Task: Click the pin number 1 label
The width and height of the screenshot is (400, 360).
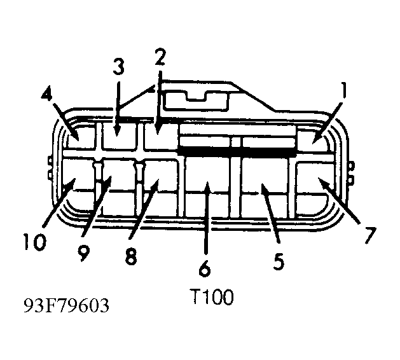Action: pyautogui.click(x=343, y=92)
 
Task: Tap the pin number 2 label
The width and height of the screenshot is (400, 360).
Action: pyautogui.click(x=160, y=57)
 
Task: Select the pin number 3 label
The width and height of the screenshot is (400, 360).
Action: pyautogui.click(x=119, y=66)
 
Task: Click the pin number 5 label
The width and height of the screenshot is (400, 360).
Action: pyautogui.click(x=279, y=261)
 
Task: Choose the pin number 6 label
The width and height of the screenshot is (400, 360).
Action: pyautogui.click(x=205, y=268)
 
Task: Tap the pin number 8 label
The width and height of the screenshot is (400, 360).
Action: pyautogui.click(x=131, y=256)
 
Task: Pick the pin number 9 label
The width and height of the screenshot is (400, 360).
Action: pyautogui.click(x=84, y=253)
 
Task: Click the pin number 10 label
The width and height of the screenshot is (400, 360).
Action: pyautogui.click(x=35, y=242)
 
